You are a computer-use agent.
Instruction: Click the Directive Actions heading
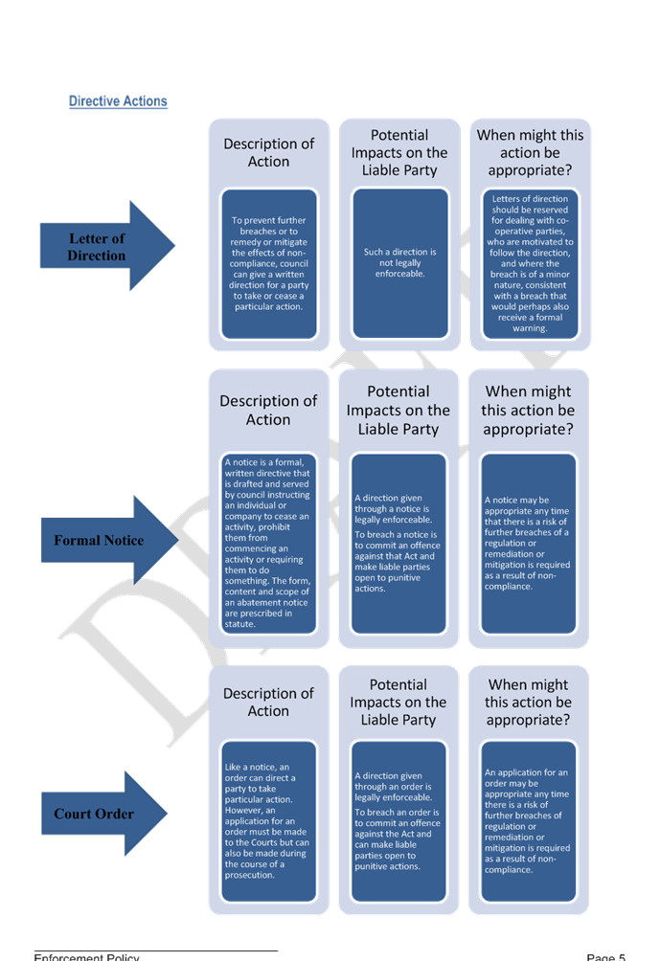coord(118,101)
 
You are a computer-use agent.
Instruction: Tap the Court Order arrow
coord(101,814)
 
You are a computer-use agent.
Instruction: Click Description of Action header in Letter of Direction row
coord(268,153)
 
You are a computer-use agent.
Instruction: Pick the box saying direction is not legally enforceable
coord(399,263)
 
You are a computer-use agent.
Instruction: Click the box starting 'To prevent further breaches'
coord(268,263)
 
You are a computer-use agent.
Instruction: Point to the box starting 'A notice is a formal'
coord(268,543)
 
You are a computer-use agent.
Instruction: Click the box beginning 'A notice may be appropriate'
coord(528,543)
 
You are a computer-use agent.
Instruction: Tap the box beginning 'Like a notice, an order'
coord(268,821)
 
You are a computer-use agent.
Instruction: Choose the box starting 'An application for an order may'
coord(528,821)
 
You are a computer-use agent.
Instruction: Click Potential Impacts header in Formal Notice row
coord(398,410)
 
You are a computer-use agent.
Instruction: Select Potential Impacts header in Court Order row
coord(398,702)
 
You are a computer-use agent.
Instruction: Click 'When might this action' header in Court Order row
coord(528,702)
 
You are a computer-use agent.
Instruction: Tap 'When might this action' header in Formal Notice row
coord(528,410)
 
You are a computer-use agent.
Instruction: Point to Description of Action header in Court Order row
coord(268,702)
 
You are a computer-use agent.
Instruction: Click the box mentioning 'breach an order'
coord(398,821)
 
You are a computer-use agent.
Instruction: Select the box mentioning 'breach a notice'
coord(398,543)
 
